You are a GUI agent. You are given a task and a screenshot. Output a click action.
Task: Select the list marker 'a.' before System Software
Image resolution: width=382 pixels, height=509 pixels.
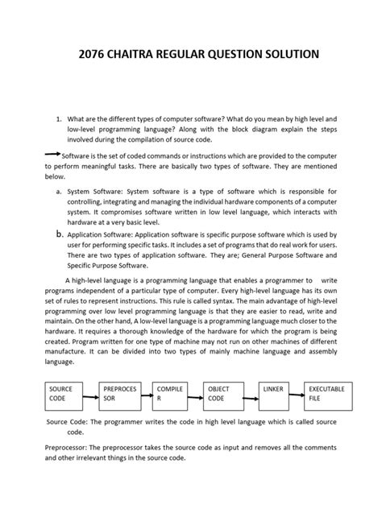click(59, 192)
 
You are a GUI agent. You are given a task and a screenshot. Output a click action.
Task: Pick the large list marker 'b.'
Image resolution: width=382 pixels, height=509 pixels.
click(59, 233)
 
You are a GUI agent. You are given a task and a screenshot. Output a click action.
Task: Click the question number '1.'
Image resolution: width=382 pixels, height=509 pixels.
click(59, 118)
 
